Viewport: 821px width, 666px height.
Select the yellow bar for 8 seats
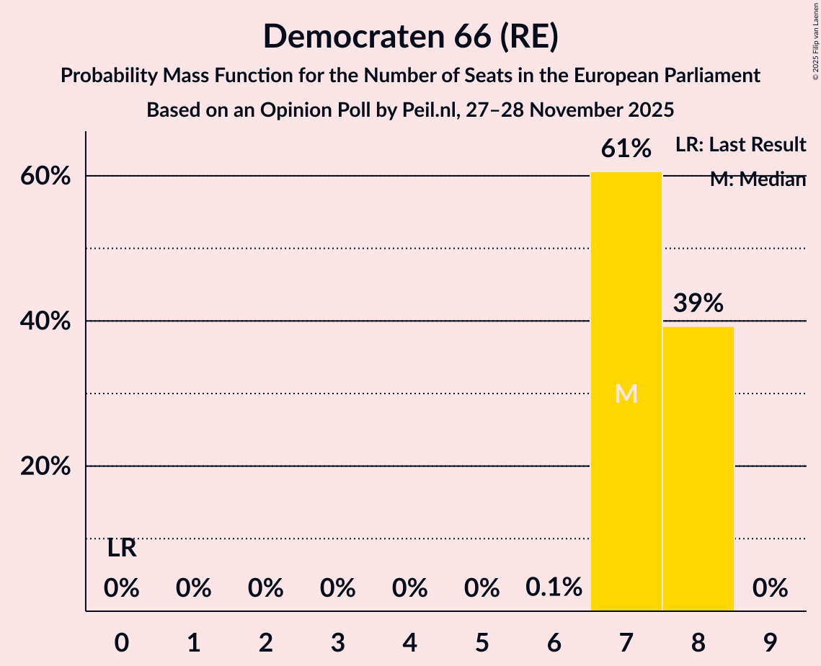point(698,469)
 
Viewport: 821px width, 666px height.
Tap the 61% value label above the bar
point(626,149)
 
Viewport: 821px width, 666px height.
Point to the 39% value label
point(698,303)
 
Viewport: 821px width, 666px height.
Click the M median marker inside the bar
point(626,394)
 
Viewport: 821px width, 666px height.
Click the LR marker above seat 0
point(122,549)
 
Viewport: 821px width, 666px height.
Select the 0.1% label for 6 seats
point(554,588)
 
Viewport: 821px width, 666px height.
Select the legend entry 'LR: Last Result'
point(740,145)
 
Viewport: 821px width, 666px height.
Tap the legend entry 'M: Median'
point(757,179)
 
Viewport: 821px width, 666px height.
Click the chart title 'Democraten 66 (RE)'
point(410,36)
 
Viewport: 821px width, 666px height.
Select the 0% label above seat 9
point(770,588)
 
